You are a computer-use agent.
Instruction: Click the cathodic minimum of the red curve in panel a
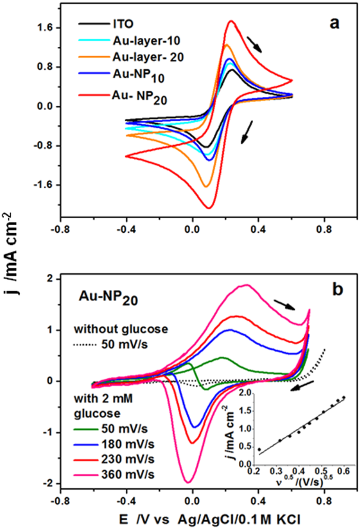(209, 208)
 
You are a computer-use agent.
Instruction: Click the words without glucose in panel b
(112, 329)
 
